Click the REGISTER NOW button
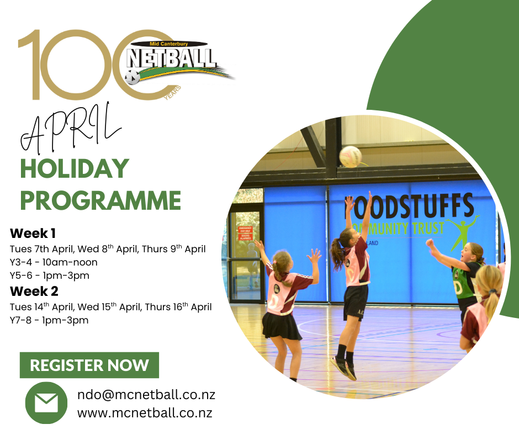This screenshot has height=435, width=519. (x=89, y=365)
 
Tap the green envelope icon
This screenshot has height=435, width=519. (x=46, y=402)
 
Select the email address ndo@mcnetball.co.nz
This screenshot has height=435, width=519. (x=146, y=395)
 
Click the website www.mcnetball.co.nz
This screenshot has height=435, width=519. (x=145, y=413)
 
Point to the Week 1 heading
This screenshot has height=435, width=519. (x=33, y=234)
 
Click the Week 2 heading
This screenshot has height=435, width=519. (x=34, y=291)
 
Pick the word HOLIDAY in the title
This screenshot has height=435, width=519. (x=75, y=168)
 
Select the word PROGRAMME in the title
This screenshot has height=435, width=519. (x=100, y=200)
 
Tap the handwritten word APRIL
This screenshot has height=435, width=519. (x=71, y=129)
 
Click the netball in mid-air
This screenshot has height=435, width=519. (x=350, y=156)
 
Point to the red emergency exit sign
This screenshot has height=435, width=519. (x=245, y=233)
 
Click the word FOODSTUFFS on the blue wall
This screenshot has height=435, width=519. (x=410, y=207)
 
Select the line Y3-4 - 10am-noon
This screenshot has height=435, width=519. (x=54, y=262)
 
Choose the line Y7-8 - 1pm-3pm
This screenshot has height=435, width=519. (x=49, y=320)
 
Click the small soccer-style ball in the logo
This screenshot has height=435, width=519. (x=133, y=77)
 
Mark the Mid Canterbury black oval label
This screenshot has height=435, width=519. (x=169, y=44)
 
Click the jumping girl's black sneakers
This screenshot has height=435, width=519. (x=345, y=368)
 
